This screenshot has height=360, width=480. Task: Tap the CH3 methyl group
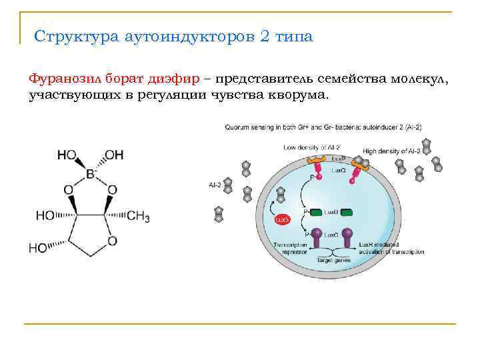point(137,215)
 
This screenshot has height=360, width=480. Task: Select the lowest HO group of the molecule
point(38,248)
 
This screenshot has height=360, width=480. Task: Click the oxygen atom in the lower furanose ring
point(112,240)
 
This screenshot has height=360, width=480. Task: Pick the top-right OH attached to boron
point(114,155)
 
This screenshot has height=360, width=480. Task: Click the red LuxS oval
point(281,219)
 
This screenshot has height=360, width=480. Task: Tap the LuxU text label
point(331,212)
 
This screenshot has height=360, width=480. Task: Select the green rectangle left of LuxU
point(313,212)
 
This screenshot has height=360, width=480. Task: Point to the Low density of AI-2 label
point(307,146)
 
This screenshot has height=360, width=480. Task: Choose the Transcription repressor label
point(290,249)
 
